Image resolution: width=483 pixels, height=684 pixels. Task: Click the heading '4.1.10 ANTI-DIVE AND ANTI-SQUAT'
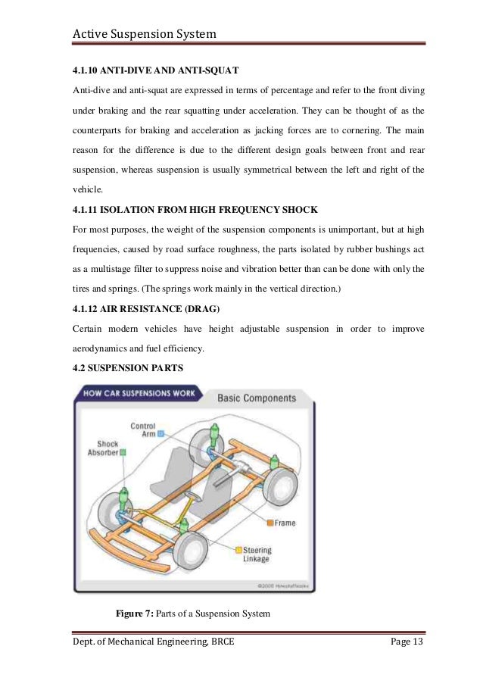155,70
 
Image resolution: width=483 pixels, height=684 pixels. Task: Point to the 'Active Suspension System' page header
144,34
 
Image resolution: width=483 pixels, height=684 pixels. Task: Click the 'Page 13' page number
406,643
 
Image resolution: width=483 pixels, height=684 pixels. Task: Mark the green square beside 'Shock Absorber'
123,452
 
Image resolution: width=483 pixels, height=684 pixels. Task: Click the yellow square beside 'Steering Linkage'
238,550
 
